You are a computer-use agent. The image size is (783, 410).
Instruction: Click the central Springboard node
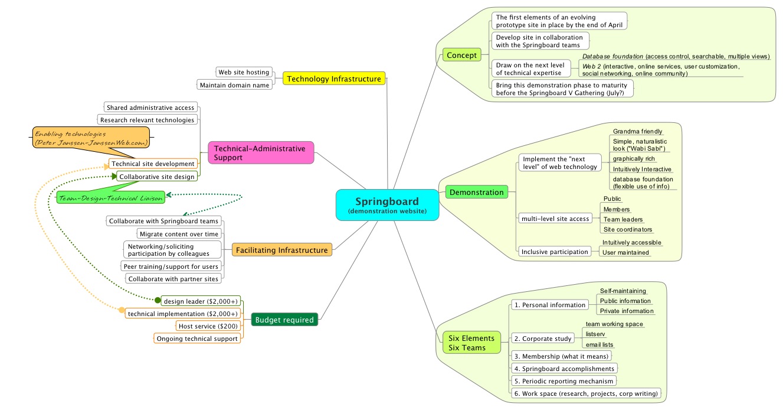click(x=387, y=204)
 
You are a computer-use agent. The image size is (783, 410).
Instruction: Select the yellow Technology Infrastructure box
click(x=335, y=78)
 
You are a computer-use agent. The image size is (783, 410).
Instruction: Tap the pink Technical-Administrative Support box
click(x=261, y=153)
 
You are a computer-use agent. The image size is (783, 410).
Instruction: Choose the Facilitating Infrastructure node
click(x=282, y=250)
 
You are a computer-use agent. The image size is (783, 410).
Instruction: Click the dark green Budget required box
click(x=284, y=320)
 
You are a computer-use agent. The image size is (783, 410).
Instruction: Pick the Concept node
click(x=461, y=56)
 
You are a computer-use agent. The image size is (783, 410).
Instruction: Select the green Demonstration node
click(x=476, y=192)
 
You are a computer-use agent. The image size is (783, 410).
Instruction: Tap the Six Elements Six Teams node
click(x=470, y=343)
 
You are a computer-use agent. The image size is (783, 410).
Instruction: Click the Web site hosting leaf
click(x=244, y=72)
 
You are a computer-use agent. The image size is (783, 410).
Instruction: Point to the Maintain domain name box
click(x=235, y=85)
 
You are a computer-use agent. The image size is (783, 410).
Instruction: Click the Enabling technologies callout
click(x=91, y=138)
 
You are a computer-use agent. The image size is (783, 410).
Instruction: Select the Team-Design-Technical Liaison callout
click(x=110, y=199)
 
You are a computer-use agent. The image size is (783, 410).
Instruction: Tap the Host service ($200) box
click(x=208, y=326)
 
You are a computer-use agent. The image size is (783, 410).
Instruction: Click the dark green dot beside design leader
click(x=158, y=300)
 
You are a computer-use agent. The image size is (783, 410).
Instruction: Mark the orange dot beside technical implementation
click(x=122, y=310)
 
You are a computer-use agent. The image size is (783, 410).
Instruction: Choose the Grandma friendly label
click(x=637, y=131)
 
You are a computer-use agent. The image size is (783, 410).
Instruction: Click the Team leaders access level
click(x=623, y=219)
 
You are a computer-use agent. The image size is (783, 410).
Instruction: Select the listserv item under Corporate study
click(x=595, y=334)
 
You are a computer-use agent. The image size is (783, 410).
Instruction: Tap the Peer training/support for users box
click(x=171, y=266)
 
